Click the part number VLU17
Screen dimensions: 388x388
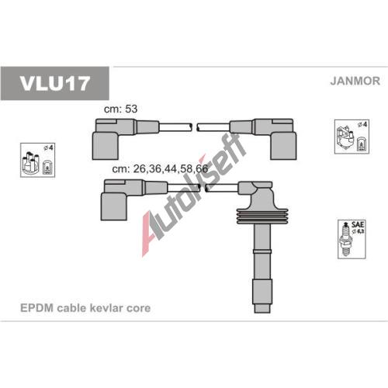coord(54,84)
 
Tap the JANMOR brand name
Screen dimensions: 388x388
coord(355,81)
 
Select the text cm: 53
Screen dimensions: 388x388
coord(120,109)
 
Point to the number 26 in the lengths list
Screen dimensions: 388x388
coord(140,168)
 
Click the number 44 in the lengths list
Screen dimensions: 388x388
coord(171,168)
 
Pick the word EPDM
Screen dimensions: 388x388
coord(36,308)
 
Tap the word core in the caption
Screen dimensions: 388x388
coord(139,308)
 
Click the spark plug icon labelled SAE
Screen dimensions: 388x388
coord(347,240)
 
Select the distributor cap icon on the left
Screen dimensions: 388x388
coord(31,162)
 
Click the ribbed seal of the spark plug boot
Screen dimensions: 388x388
coord(262,216)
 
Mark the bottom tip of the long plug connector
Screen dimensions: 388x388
coord(262,313)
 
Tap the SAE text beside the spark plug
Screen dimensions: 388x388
coord(358,224)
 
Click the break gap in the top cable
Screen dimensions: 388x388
coord(194,126)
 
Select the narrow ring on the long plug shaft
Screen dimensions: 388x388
coord(262,251)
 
